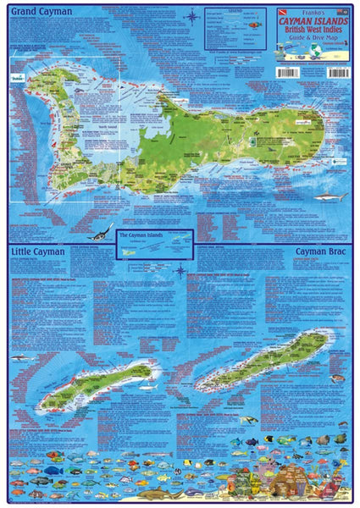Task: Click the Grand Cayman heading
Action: (x=40, y=12)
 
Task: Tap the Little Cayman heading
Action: (x=40, y=253)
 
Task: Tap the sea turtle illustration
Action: (x=250, y=420)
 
